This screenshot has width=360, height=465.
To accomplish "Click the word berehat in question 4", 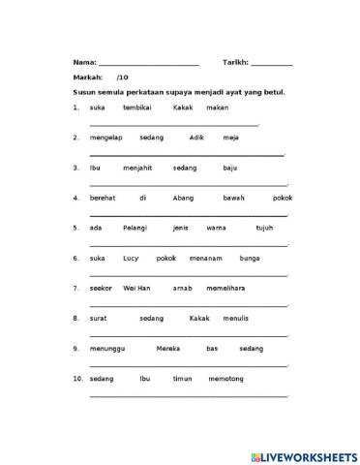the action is point(103,198).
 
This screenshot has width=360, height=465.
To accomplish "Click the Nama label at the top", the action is point(84,61).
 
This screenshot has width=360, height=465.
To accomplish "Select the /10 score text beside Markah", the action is point(122,77).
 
